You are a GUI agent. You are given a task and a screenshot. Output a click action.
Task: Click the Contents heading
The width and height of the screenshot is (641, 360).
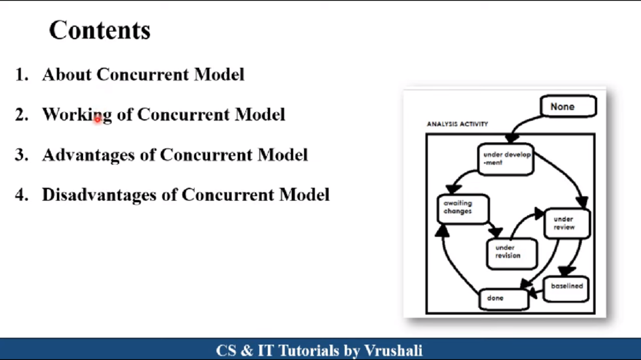(x=100, y=30)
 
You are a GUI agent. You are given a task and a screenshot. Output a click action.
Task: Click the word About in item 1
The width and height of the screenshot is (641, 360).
(x=67, y=74)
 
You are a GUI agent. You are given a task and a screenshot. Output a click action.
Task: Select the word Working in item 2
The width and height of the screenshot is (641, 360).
(x=77, y=115)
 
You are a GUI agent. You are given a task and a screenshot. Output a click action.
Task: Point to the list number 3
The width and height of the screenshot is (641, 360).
(x=21, y=155)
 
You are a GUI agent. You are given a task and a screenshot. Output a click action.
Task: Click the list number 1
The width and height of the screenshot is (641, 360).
(x=21, y=75)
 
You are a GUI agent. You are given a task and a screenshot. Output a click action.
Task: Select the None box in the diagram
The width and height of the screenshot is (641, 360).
(x=568, y=107)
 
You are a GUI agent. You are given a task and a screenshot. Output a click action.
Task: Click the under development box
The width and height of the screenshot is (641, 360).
(x=506, y=159)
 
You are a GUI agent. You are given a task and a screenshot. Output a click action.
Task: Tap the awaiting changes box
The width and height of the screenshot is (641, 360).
(x=464, y=208)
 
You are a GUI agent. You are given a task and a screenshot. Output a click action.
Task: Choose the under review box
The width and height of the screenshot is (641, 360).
(x=566, y=223)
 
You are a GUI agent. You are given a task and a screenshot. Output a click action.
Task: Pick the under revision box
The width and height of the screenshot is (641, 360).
(x=511, y=253)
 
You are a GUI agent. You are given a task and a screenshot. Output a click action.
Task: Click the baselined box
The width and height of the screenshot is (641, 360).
(x=566, y=287)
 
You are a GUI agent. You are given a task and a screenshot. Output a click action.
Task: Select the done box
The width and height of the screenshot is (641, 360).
(x=503, y=299)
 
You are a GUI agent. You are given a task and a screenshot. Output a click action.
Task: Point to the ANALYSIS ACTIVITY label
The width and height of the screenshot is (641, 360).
(x=457, y=124)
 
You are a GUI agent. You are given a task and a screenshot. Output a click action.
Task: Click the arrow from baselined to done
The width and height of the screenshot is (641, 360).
(x=537, y=292)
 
